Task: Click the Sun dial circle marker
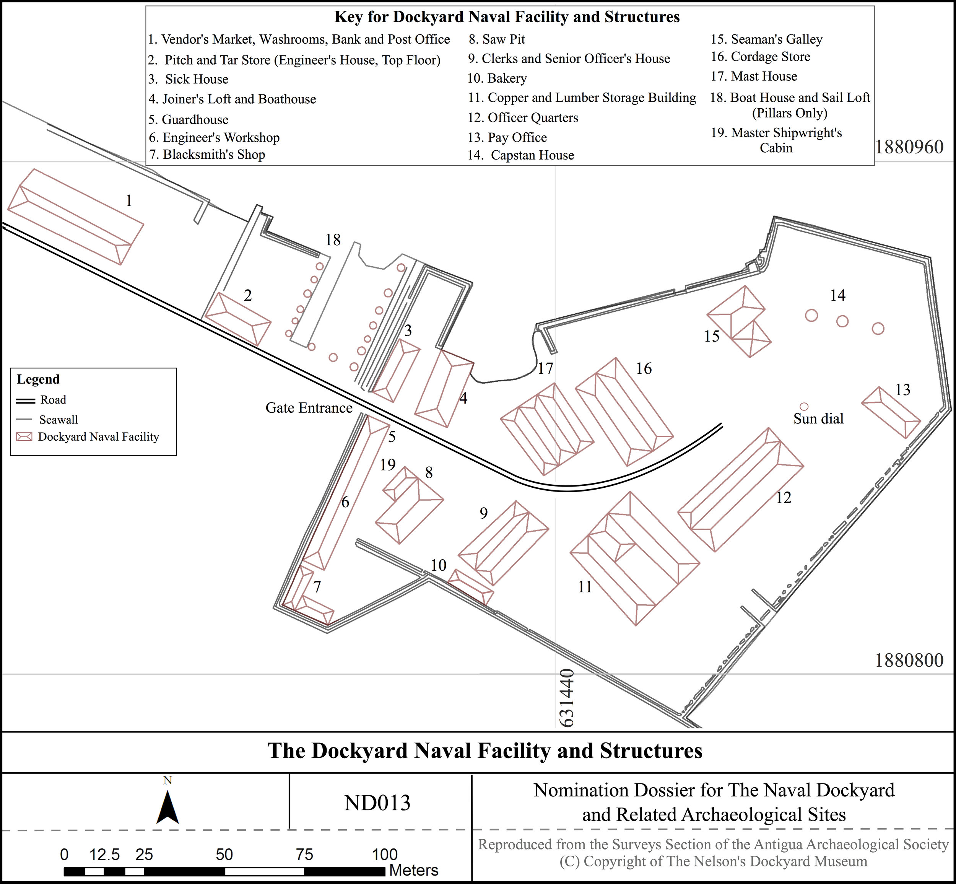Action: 804,407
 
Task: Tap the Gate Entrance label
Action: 309,408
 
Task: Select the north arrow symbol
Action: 167,808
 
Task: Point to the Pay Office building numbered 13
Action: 891,412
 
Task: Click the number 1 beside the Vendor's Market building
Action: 128,201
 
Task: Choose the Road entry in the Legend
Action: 53,400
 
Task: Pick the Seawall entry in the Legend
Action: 59,420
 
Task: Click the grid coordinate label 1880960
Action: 909,147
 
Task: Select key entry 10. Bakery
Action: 498,78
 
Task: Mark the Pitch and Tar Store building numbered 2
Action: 237,319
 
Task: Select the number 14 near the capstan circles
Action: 837,296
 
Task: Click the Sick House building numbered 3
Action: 397,370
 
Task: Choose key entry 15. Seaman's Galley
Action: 766,39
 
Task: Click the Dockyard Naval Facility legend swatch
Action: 24,437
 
